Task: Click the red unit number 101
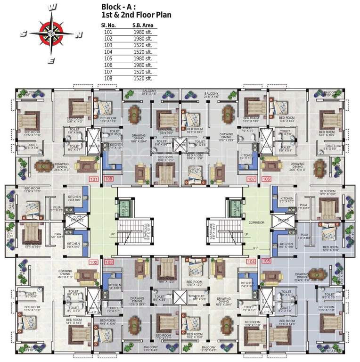click(93, 179)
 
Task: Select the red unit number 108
click(109, 179)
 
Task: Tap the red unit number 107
click(251, 179)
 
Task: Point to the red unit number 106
click(267, 179)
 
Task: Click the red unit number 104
click(251, 261)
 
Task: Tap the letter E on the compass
click(52, 60)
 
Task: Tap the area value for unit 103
click(143, 45)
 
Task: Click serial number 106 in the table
click(109, 65)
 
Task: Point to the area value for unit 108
click(143, 78)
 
